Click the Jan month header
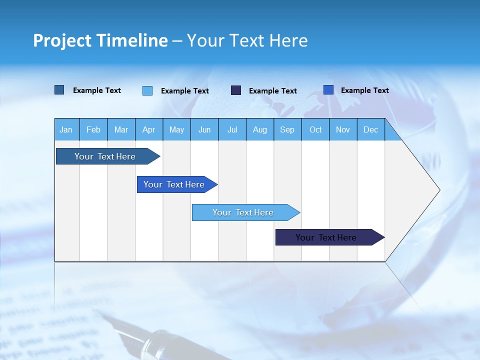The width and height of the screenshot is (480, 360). click(66, 129)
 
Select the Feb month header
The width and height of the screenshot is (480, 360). click(93, 129)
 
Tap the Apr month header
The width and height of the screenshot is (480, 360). click(149, 129)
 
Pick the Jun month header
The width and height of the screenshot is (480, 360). click(204, 129)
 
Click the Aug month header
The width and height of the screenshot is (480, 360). click(260, 129)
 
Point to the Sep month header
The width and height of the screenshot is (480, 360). click(287, 129)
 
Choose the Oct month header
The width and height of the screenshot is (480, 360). click(315, 129)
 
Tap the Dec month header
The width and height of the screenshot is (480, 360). click(371, 129)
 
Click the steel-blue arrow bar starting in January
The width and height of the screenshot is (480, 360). click(105, 156)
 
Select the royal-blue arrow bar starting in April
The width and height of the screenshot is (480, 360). click(174, 184)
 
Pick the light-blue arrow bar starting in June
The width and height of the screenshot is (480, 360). click(243, 212)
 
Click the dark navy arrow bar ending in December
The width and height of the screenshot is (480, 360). click(326, 237)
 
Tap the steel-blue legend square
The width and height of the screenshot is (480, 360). click(59, 90)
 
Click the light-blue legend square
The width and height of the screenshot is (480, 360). click(147, 90)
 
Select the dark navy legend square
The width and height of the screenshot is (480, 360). click(236, 90)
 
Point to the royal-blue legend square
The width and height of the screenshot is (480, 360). click(328, 90)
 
